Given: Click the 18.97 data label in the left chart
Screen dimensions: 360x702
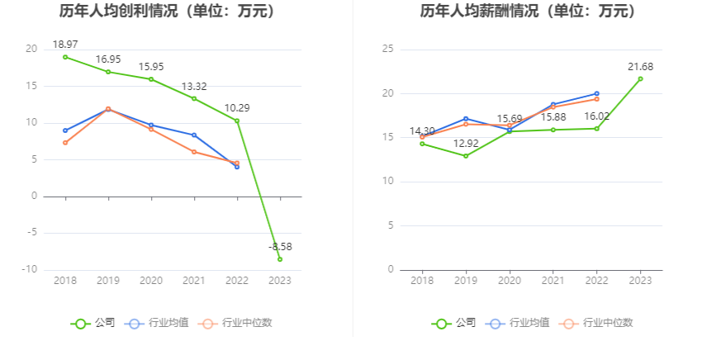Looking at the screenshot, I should (x=65, y=44).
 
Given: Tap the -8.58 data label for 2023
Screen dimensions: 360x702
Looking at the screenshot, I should (x=280, y=246).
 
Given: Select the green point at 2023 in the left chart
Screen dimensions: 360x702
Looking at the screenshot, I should (x=280, y=259).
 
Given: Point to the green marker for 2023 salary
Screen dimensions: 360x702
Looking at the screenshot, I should (x=640, y=79).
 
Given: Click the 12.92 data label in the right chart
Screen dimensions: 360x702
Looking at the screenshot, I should (x=466, y=143).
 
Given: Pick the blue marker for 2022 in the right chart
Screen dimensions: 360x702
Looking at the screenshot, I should (x=596, y=94).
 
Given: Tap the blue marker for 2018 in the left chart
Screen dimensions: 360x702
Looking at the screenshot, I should (x=65, y=130).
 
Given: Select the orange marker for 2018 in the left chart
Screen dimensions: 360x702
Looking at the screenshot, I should (x=65, y=143).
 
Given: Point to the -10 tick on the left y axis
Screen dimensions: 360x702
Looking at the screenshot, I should (x=30, y=270).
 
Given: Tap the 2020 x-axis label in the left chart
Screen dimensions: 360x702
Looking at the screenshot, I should (x=151, y=281).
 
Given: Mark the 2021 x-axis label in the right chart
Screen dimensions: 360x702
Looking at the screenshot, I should (x=553, y=281).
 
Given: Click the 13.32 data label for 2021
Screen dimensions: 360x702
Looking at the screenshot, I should (x=195, y=86).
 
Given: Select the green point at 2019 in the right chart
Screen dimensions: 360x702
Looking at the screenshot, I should (x=466, y=156).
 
